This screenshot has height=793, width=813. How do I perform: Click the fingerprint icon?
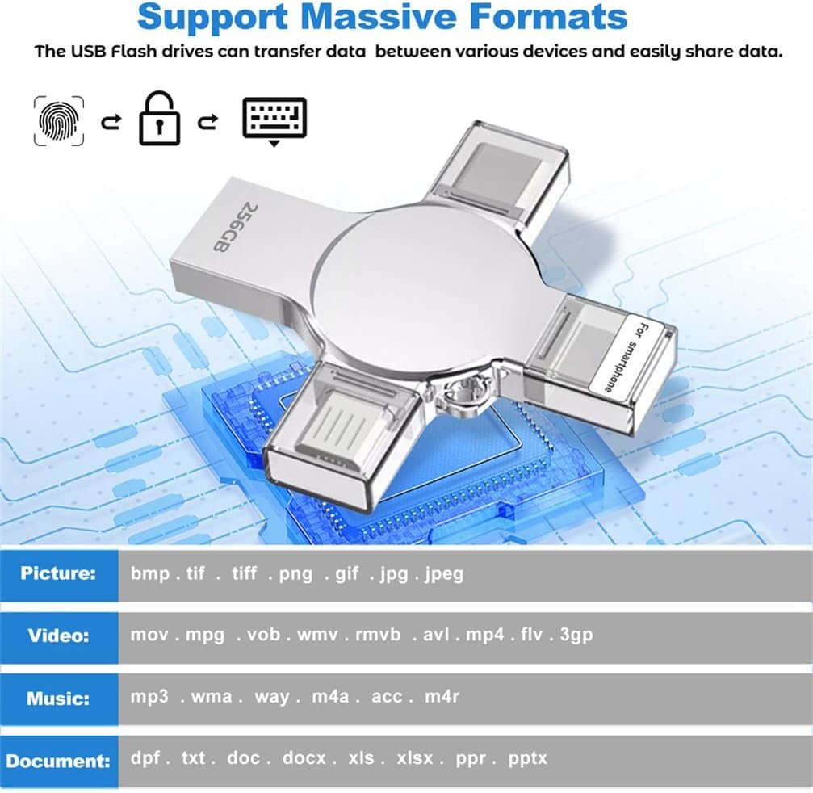click(x=59, y=120)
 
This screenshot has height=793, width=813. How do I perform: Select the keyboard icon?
click(x=274, y=121)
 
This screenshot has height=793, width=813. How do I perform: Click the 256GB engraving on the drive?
click(x=229, y=227)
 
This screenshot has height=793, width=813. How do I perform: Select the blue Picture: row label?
click(x=59, y=574)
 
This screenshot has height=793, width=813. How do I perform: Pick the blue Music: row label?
click(x=59, y=699)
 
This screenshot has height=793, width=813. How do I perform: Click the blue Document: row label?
click(x=59, y=762)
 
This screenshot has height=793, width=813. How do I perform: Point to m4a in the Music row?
click(x=330, y=697)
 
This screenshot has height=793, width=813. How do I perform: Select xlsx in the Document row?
click(x=415, y=758)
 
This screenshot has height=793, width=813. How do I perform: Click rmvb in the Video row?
click(x=378, y=635)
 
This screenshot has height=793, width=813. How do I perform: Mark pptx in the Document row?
click(x=528, y=759)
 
